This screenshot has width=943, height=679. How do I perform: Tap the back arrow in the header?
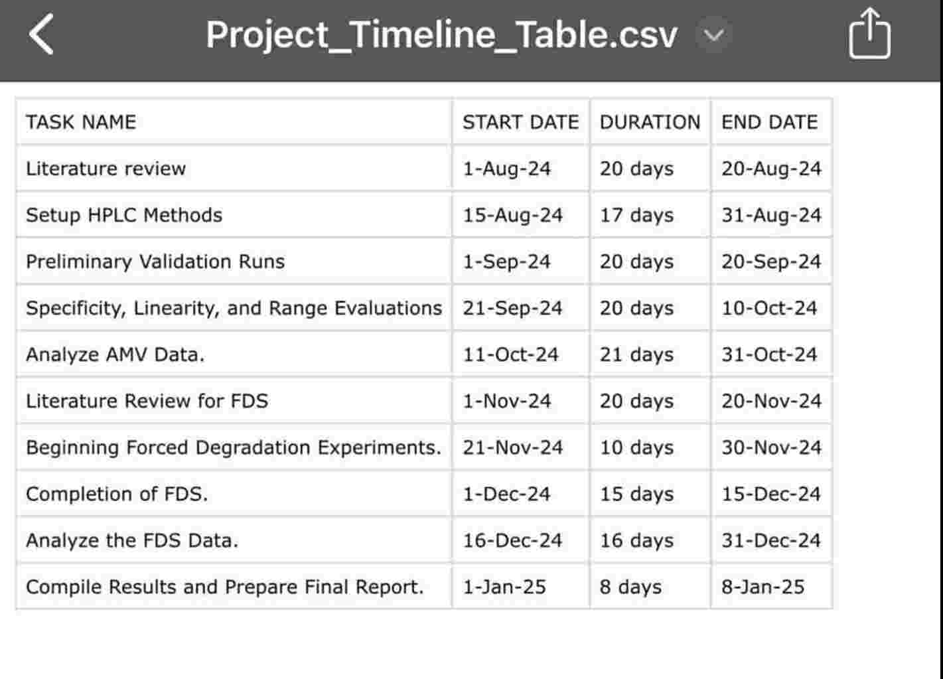tap(41, 35)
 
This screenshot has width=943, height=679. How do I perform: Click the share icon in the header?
tap(869, 35)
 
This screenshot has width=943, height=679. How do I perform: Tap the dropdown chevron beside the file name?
tap(713, 35)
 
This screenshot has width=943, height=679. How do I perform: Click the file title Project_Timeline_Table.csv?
tap(441, 35)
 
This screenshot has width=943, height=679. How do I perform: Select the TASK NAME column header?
tap(81, 122)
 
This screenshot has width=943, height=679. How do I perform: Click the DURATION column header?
tap(650, 122)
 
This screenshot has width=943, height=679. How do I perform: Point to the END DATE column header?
tap(769, 122)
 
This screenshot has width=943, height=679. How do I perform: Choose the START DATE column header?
tap(520, 122)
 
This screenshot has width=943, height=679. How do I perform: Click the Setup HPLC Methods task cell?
tap(124, 215)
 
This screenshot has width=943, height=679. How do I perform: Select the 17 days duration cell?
tap(636, 215)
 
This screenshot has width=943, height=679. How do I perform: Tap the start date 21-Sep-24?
tap(512, 308)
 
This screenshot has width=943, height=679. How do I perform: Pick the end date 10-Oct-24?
tap(769, 308)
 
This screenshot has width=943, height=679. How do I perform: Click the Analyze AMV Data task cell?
tap(115, 354)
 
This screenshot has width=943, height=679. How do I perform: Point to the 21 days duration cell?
tap(636, 354)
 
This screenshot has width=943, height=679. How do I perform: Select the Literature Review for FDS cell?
tap(147, 401)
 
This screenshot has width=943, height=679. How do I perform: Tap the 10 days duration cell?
tap(636, 447)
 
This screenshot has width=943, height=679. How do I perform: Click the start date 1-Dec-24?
tap(506, 494)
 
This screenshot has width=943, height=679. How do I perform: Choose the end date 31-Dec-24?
tap(771, 540)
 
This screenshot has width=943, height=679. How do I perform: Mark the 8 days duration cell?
tap(630, 587)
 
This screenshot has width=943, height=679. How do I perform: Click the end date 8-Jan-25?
tap(762, 587)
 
